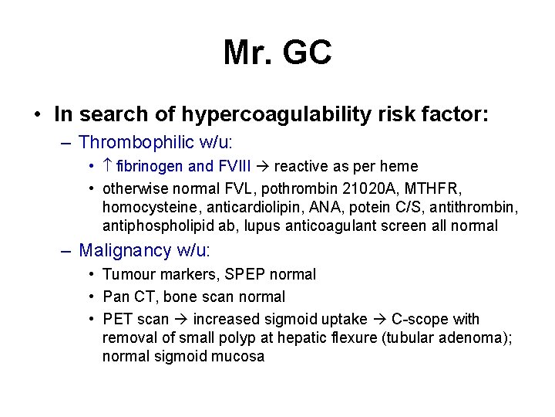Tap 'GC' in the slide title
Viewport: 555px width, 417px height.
308,53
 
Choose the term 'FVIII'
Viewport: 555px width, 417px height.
240,166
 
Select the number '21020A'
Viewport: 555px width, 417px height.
367,188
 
